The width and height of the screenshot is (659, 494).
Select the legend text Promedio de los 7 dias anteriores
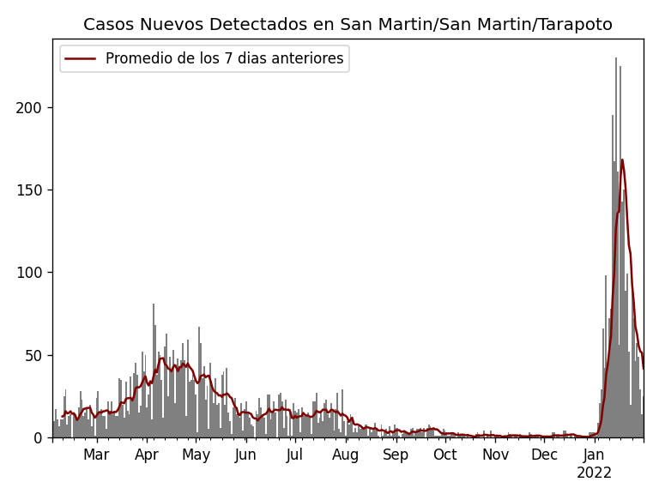click(224, 59)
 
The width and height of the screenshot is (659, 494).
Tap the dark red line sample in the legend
click(82, 59)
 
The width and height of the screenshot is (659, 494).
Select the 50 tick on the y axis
click(33, 355)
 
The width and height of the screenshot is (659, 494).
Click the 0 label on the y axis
click(38, 437)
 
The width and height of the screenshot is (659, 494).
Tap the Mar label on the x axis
click(96, 455)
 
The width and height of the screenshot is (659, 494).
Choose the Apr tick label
click(147, 455)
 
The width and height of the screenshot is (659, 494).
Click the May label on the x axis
click(196, 455)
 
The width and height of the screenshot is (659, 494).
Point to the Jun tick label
click(246, 455)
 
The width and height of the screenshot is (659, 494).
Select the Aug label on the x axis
click(346, 455)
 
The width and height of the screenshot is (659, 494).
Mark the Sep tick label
click(396, 455)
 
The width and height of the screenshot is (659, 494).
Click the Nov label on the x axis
click(495, 455)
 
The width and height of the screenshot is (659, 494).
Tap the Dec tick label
click(544, 455)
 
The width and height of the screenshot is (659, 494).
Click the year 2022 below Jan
click(594, 473)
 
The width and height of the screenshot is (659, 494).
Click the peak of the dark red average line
click(622, 160)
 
